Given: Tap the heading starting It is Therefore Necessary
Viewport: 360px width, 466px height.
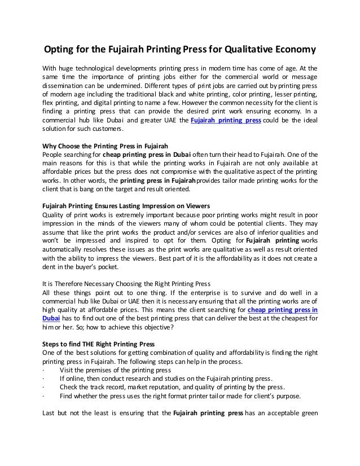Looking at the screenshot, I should pyautogui.click(x=111, y=283).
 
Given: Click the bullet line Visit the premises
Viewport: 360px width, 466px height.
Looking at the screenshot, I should pyautogui.click(x=115, y=370).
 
